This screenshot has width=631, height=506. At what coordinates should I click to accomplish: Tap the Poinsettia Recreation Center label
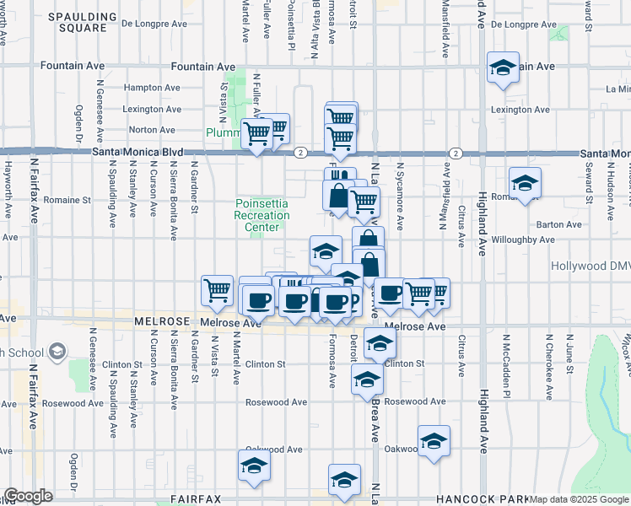[262, 215]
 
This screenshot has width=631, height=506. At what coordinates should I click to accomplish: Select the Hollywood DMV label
[591, 266]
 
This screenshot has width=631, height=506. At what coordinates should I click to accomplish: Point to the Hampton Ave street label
[152, 88]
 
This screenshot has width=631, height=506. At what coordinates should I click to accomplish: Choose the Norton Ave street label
[152, 130]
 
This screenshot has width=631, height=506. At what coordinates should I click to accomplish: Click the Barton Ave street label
[560, 225]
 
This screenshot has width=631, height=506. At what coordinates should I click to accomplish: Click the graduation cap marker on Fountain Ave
[503, 67]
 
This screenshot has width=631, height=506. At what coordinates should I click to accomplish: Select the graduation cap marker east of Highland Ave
[524, 182]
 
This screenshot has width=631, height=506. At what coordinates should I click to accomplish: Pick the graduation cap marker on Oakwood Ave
[434, 441]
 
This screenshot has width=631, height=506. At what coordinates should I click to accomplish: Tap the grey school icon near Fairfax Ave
[58, 350]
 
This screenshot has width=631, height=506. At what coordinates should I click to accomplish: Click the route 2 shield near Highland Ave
[456, 153]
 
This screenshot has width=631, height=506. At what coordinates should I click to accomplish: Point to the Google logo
[28, 496]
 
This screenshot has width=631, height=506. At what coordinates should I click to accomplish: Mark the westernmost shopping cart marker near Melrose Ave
[217, 290]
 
